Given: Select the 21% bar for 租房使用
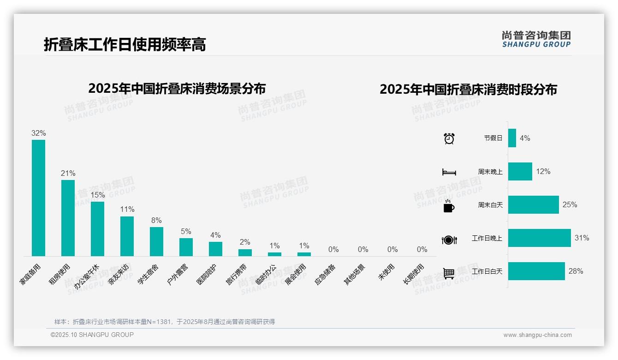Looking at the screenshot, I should [68, 218].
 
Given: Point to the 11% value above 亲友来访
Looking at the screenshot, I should [127, 209].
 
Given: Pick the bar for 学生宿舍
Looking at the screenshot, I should [156, 241].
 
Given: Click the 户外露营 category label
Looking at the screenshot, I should [177, 274].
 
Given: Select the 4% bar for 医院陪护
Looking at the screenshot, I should [215, 249].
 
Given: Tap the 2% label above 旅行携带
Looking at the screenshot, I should [245, 242].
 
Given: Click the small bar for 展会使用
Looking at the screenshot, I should [304, 254].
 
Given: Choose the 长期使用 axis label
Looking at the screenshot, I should [414, 274].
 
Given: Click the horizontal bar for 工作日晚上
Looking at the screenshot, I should [539, 238].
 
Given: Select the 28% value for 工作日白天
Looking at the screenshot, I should [576, 271].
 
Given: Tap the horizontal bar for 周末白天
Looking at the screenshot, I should [533, 204].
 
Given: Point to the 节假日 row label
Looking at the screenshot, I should [493, 138].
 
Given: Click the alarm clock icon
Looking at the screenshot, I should [449, 138].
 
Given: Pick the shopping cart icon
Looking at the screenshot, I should [449, 273].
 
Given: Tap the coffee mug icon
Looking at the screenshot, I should [449, 206].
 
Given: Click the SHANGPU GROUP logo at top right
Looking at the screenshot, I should [536, 39].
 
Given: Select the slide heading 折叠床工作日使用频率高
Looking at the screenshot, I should [125, 44].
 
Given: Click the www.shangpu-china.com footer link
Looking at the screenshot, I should [537, 335].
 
